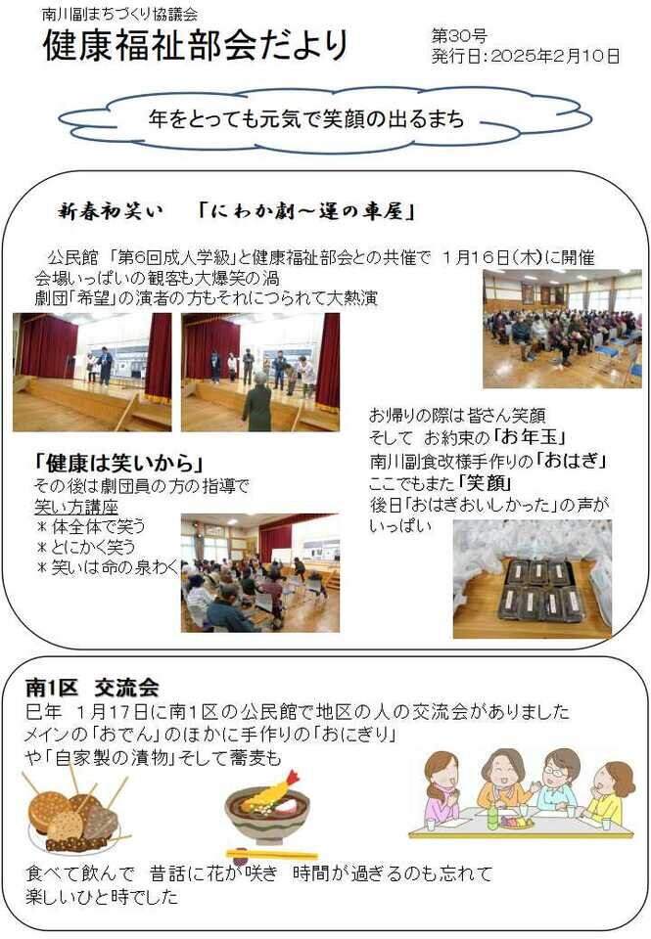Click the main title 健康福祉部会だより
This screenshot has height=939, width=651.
click(196, 45)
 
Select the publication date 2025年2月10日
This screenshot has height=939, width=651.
click(555, 56)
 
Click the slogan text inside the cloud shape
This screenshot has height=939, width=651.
click(305, 118)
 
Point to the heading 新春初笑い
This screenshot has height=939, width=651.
click(111, 211)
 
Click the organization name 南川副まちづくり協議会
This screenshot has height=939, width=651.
click(119, 14)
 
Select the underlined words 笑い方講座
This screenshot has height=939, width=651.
click(76, 507)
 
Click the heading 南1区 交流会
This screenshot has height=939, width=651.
click(92, 687)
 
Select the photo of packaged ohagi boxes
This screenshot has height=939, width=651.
click(533, 578)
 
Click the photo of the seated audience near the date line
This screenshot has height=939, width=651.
click(562, 329)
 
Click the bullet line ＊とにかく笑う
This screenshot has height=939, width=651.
click(86, 546)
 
